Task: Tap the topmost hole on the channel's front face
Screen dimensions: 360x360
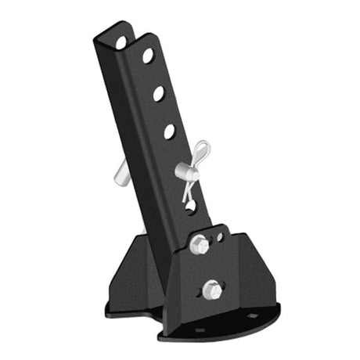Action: (x=147, y=56)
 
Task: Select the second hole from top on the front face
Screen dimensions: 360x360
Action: (x=159, y=93)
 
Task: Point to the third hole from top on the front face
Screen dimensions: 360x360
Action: (x=169, y=131)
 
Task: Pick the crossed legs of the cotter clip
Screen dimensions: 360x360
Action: (x=188, y=188)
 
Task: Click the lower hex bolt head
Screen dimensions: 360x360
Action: (x=211, y=290)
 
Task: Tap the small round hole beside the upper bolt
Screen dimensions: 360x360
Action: (x=220, y=236)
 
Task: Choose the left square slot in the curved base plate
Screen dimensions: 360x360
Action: (x=199, y=329)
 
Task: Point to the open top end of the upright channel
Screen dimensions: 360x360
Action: (x=125, y=31)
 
